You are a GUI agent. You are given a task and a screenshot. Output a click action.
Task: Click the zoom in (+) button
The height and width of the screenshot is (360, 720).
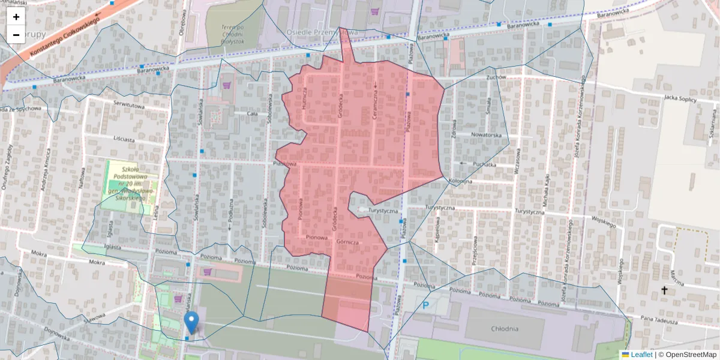[16, 17]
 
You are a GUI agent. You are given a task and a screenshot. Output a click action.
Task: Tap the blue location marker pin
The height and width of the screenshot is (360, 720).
[191, 322]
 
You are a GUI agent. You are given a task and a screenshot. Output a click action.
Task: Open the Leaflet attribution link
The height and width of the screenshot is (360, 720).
[641, 355]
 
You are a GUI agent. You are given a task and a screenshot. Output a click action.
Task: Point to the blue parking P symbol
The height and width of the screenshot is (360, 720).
[426, 305]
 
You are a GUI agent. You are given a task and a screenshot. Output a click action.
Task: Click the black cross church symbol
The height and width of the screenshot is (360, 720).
[664, 291]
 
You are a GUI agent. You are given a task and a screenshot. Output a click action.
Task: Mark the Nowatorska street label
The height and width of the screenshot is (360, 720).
[486, 135]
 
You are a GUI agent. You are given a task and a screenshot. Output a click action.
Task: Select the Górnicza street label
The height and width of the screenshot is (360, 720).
[347, 242]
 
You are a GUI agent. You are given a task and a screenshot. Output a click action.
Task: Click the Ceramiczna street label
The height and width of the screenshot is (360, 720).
[375, 100]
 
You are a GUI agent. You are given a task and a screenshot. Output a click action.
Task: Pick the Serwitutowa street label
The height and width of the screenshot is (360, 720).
[130, 104]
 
